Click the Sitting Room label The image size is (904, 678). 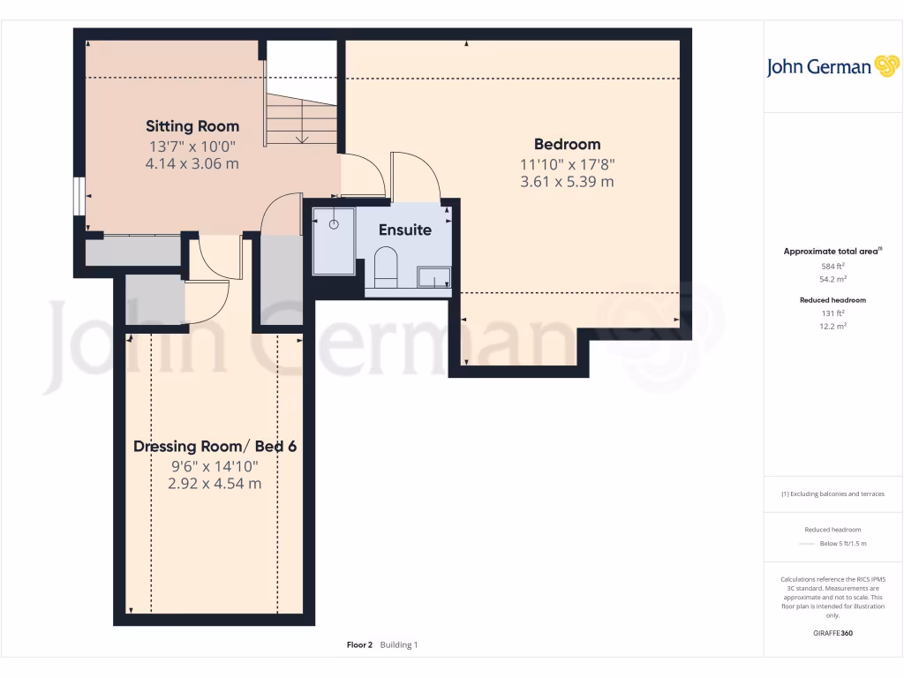[x=192, y=126]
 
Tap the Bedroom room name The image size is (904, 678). [x=567, y=144]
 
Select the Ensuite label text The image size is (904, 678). [x=405, y=230]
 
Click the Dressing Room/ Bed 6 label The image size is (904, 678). [x=215, y=446]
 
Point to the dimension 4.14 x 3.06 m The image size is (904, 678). [x=192, y=164]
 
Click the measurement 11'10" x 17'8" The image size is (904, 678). [x=567, y=163]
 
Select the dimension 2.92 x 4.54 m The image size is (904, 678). [x=215, y=484]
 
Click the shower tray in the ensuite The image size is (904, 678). [x=334, y=241]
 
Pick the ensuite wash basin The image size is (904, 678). [x=433, y=278]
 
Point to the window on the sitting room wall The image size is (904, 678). [x=79, y=196]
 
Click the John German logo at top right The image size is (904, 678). [x=832, y=67]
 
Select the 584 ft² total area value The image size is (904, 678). [x=832, y=266]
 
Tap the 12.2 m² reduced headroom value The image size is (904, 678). [x=832, y=326]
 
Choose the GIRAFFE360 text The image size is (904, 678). [x=832, y=633]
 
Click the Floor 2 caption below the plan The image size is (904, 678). [x=359, y=645]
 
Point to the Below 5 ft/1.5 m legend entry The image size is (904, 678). [x=843, y=544]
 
